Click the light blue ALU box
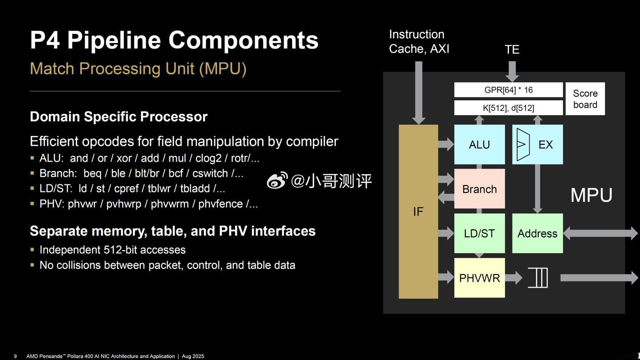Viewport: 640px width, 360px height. click(480, 144)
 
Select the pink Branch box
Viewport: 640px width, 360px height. click(480, 188)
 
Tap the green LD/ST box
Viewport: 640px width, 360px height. click(480, 233)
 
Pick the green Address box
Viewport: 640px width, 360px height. click(537, 233)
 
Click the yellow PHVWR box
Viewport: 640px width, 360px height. click(480, 278)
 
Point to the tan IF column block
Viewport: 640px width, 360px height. click(418, 212)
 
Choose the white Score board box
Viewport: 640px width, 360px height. click(585, 99)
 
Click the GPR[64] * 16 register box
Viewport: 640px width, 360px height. click(508, 90)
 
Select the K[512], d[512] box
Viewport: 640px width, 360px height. click(508, 108)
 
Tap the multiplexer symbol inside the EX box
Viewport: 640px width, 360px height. click(523, 144)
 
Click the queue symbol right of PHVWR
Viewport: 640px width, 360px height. click(538, 278)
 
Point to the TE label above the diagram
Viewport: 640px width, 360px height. click(512, 49)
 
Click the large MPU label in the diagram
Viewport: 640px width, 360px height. click(592, 195)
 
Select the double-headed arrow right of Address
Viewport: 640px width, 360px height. click(600, 233)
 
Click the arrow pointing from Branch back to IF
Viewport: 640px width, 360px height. click(446, 197)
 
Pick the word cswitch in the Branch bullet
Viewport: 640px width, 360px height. click(210, 173)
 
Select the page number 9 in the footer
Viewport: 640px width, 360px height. click(16, 356)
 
